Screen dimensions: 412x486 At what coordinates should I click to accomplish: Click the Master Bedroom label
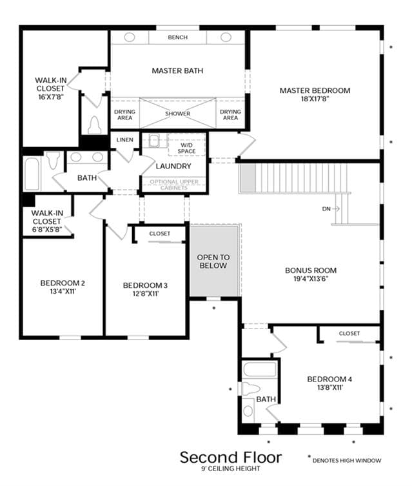[315, 90]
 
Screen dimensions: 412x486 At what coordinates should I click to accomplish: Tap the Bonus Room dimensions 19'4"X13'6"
[311, 279]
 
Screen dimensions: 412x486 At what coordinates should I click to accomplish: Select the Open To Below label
[213, 261]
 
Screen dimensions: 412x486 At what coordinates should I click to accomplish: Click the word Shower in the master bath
[177, 114]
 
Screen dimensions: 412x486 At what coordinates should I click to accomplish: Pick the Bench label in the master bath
[178, 37]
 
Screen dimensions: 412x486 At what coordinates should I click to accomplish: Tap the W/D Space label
[186, 148]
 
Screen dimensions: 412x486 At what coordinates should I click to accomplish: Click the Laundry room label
[173, 166]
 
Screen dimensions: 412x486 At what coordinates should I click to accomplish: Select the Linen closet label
[124, 140]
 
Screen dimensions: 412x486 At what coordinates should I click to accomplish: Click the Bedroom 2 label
[63, 283]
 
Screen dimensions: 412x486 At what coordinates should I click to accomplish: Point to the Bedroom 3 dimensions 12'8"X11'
[146, 294]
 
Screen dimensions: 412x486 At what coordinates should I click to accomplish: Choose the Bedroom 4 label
[329, 379]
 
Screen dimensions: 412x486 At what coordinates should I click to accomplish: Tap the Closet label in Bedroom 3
[160, 234]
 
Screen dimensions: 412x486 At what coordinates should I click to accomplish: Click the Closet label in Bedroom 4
[349, 333]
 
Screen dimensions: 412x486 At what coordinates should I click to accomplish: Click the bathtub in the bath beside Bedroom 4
[260, 369]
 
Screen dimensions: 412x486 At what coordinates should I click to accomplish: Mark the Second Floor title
[231, 457]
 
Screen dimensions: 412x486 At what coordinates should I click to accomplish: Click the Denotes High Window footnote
[344, 460]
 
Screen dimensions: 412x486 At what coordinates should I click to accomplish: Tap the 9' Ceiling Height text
[231, 469]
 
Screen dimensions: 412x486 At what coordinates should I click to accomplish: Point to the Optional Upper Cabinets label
[174, 185]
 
